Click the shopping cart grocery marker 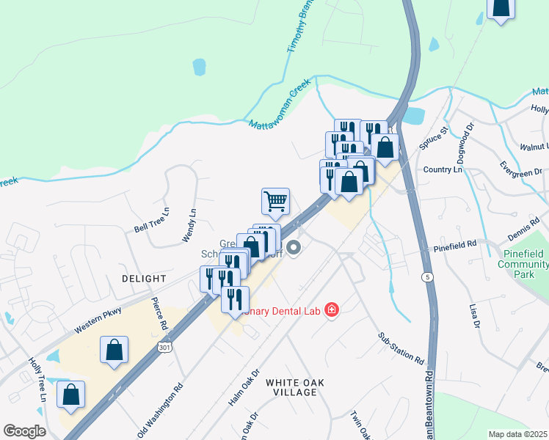coord(275,200)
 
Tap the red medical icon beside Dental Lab coord(332,310)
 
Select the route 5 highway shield coord(426,276)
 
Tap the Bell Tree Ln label coord(152,219)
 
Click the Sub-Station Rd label coord(401,348)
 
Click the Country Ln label coord(443,169)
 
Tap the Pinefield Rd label coord(455,245)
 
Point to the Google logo coord(24,431)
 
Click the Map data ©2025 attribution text coord(517,434)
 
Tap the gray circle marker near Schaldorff coord(294,248)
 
